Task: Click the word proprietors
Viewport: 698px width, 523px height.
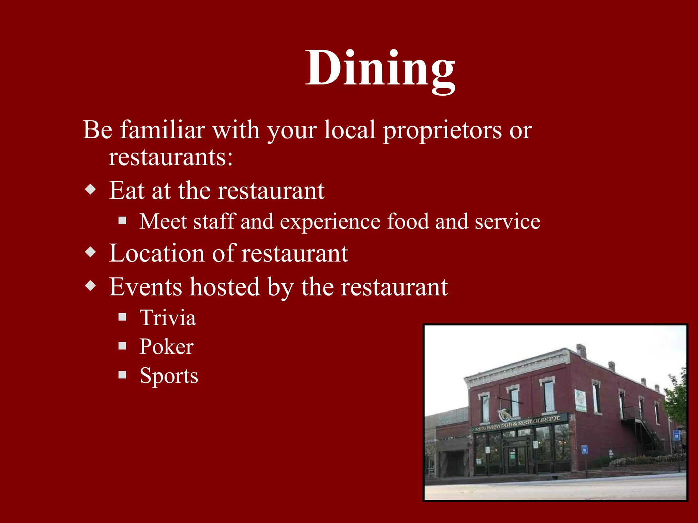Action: coord(442,130)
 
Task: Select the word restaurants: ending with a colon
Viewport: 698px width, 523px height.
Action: coord(170,157)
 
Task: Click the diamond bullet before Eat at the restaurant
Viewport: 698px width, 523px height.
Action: coord(91,189)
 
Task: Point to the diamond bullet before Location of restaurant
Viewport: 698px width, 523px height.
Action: coord(91,252)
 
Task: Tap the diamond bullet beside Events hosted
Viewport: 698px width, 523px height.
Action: coord(91,285)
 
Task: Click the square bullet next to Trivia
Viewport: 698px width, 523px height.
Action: coord(122,317)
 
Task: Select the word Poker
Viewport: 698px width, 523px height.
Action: coord(166,347)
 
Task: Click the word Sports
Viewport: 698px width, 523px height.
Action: coord(169,376)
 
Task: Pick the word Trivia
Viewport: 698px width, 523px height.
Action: coord(168,318)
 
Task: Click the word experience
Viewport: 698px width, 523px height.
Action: coord(330,222)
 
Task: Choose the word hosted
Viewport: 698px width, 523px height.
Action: coord(225,287)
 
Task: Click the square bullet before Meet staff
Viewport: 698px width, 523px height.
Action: coord(122,221)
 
